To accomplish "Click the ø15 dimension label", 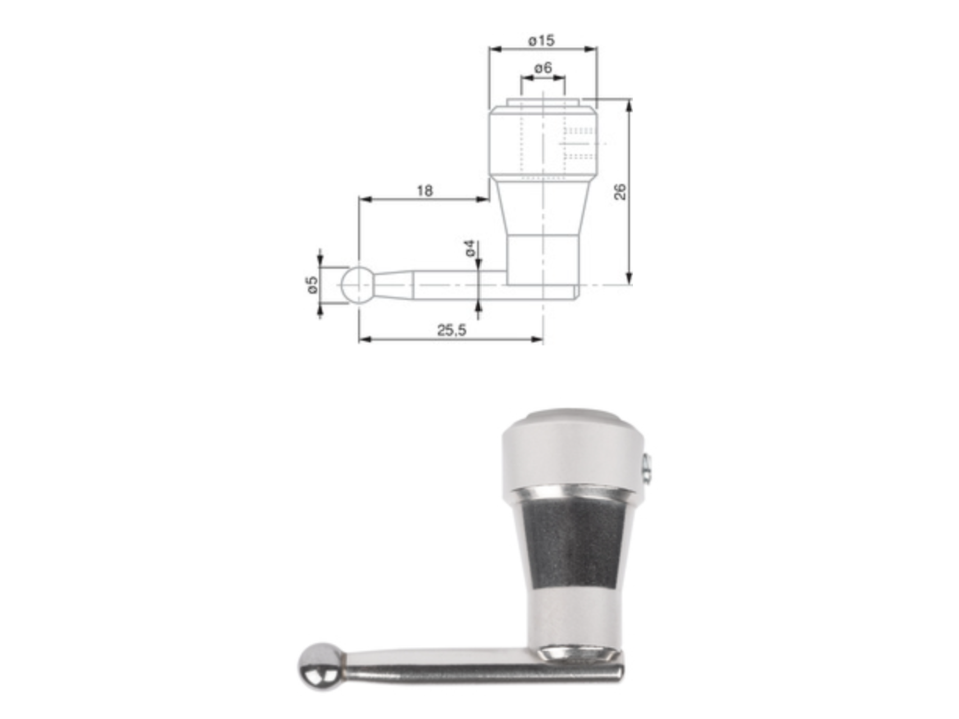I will point(542,41).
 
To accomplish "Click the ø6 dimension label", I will point(543,68).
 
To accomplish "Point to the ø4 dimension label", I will point(471,248).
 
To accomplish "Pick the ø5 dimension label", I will point(312,285).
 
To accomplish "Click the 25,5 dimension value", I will point(451,331).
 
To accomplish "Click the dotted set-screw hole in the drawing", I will point(580,143).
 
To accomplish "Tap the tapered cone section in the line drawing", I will point(543,208).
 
